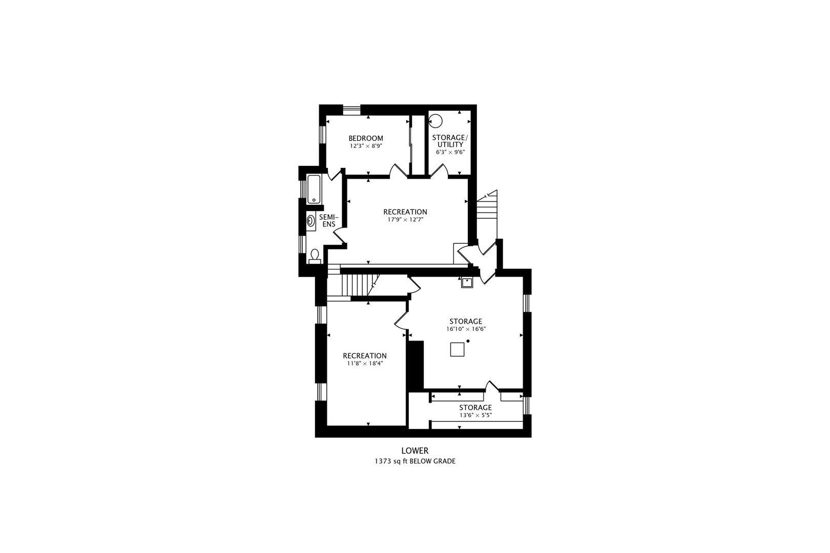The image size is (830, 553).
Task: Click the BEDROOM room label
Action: click(365, 138)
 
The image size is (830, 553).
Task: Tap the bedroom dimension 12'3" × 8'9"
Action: click(366, 146)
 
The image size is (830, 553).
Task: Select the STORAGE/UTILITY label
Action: click(449, 141)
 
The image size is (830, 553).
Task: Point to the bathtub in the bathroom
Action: click(314, 189)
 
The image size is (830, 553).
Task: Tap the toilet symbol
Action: click(315, 255)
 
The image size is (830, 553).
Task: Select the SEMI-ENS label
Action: click(328, 221)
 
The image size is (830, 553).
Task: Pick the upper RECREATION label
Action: click(405, 212)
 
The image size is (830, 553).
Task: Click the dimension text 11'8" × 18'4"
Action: click(364, 364)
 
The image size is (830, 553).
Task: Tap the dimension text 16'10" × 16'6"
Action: click(465, 329)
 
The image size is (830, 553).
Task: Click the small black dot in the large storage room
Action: click(468, 341)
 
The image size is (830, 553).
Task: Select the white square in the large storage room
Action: click(458, 349)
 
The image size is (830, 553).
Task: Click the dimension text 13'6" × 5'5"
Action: click(475, 415)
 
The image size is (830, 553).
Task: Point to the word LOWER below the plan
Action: click(414, 451)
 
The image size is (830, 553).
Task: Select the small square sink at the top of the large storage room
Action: click(467, 282)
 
